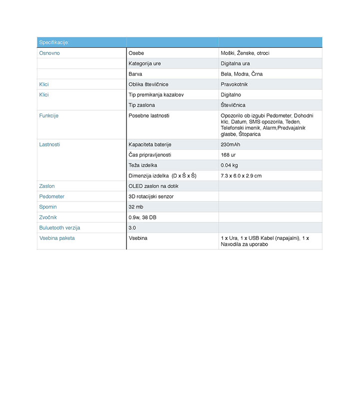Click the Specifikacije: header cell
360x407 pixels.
pyautogui.click(x=54, y=42)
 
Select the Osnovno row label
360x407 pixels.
pyautogui.click(x=49, y=53)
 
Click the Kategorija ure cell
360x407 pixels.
pyautogui.click(x=145, y=63)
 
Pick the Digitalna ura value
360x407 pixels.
pyautogui.click(x=236, y=63)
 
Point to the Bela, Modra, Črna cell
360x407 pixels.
pyautogui.click(x=242, y=74)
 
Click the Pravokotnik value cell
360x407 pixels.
pyautogui.click(x=234, y=84)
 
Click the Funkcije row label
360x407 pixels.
pyautogui.click(x=49, y=116)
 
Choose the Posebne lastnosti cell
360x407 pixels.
pyautogui.click(x=149, y=116)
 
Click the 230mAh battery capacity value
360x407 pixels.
pyautogui.click(x=231, y=145)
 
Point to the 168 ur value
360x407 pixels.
pyautogui.click(x=229, y=155)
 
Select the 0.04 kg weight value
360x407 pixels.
pyautogui.click(x=229, y=165)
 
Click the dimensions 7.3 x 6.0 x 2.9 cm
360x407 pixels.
pyautogui.click(x=241, y=176)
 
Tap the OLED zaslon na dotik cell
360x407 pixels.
pyautogui.click(x=153, y=186)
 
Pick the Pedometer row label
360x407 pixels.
pyautogui.click(x=52, y=197)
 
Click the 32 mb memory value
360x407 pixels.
pyautogui.click(x=136, y=207)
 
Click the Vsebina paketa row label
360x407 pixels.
pyautogui.click(x=57, y=238)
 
